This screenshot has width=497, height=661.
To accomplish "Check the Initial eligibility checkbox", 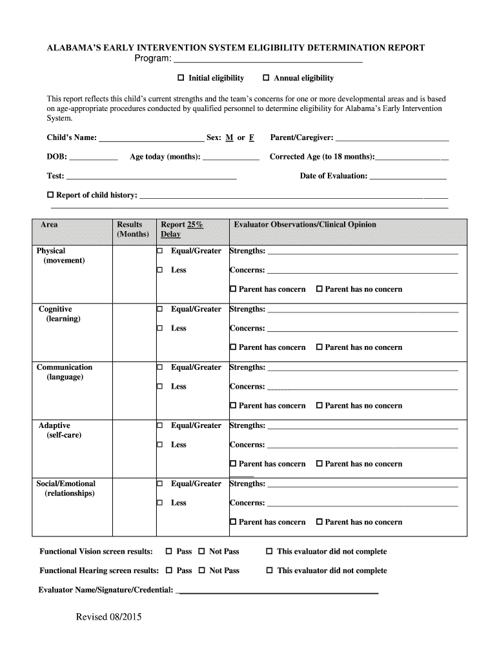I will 181,78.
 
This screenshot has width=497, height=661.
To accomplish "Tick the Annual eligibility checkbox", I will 266,78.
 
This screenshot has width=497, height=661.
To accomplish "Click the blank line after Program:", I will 268,60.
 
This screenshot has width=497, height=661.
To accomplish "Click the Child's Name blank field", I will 151,138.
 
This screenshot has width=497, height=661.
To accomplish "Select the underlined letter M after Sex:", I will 229,138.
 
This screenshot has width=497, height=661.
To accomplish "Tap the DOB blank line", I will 94,157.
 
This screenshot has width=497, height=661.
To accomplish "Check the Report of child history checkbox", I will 51,195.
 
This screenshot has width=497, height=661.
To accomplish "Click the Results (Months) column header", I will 132,229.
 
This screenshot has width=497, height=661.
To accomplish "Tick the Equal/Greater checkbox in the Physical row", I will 159,251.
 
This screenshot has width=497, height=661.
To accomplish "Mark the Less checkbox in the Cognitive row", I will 159,329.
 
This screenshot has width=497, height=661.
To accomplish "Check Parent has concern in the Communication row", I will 234,406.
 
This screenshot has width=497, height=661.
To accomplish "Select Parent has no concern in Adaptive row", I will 319,464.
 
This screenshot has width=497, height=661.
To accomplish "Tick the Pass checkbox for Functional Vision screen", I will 169,552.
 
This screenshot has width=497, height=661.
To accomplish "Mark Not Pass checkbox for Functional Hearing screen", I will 202,571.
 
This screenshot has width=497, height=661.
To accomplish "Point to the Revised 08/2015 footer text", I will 108,617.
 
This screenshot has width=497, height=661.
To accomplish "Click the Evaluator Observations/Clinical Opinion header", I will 305,225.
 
